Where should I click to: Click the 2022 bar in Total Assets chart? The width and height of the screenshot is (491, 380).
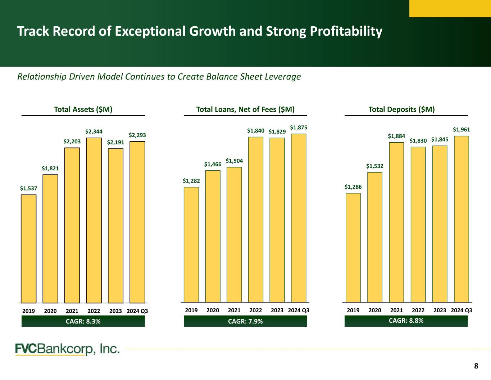pyautogui.click(x=94, y=220)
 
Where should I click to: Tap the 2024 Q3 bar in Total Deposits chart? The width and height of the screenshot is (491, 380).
pyautogui.click(x=462, y=219)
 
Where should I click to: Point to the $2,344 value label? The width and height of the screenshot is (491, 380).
pyautogui.click(x=94, y=132)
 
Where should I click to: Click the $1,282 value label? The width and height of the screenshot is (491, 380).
pyautogui.click(x=191, y=180)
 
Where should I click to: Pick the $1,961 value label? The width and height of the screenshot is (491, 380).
pyautogui.click(x=462, y=129)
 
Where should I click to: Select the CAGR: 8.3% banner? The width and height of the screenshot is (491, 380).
pyautogui.click(x=83, y=321)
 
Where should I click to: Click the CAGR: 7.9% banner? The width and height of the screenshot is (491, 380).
pyautogui.click(x=245, y=321)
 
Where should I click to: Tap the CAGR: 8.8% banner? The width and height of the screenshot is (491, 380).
pyautogui.click(x=406, y=321)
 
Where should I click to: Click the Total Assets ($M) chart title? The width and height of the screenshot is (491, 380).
pyautogui.click(x=83, y=109)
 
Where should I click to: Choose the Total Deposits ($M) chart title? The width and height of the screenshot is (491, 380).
pyautogui.click(x=402, y=109)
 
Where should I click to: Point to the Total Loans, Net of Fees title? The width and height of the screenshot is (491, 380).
pyautogui.click(x=245, y=109)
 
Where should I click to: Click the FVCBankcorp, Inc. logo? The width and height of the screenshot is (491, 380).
pyautogui.click(x=68, y=349)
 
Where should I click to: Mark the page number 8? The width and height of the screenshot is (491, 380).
pyautogui.click(x=476, y=366)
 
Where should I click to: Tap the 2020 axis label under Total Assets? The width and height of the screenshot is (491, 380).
pyautogui.click(x=50, y=311)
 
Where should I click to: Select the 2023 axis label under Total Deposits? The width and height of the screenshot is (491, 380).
pyautogui.click(x=440, y=310)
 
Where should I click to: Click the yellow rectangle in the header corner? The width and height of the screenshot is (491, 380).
pyautogui.click(x=450, y=8)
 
